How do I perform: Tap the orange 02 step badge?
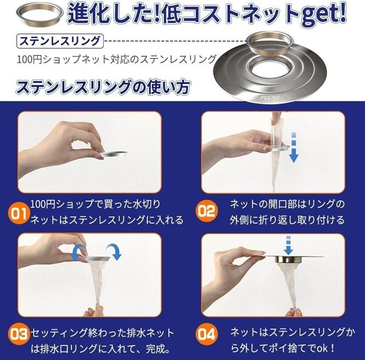207,211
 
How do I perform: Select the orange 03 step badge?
19,334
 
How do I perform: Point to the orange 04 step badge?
207,334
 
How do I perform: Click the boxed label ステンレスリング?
60,42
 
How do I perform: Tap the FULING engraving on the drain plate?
270,98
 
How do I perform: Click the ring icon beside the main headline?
40,14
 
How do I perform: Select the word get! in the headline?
324,14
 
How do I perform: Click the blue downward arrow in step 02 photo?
294,147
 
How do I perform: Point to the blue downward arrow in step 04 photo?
288,245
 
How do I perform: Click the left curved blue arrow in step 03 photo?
77,252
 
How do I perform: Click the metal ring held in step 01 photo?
114,154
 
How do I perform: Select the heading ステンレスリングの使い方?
103,87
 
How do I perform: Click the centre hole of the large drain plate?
271,68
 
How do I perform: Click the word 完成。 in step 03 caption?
158,348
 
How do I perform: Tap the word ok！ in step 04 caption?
326,348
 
